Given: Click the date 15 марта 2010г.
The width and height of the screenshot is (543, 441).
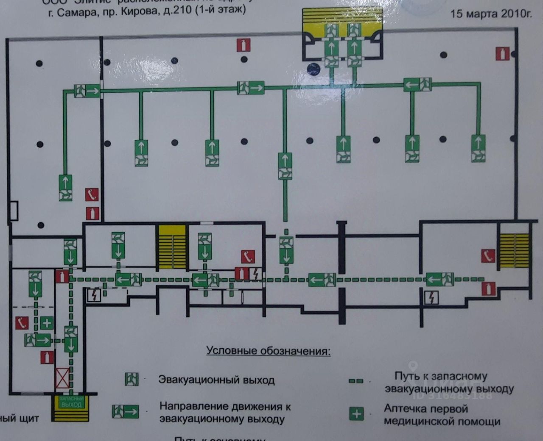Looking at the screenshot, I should click(x=490, y=14).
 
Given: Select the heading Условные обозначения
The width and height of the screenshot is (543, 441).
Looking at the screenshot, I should click(x=269, y=351).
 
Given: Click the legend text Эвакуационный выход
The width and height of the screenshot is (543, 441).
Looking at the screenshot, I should click(x=216, y=380).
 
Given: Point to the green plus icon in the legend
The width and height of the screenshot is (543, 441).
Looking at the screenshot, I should click(x=356, y=413).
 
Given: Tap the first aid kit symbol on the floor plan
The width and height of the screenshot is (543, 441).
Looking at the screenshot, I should click(x=47, y=323).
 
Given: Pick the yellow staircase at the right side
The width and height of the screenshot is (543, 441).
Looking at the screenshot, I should click(x=514, y=251).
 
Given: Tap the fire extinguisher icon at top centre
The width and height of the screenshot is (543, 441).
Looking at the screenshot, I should click(x=244, y=45).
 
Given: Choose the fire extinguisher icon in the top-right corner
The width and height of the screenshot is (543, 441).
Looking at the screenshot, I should click(x=502, y=54).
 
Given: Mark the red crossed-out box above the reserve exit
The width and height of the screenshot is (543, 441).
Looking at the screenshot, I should click(x=63, y=378).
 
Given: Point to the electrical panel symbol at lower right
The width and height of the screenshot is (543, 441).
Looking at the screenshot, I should click(x=431, y=298).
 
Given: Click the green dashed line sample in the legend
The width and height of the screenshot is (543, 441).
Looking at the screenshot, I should click(x=356, y=381).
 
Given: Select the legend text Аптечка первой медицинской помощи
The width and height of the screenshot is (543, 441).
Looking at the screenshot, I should click(x=442, y=415).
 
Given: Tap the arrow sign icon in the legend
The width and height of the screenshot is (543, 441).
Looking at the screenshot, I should click(x=126, y=411).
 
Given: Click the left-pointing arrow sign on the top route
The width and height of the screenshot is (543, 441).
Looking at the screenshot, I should click(x=417, y=84).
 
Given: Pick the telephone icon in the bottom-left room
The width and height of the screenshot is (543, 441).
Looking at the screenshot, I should click(x=22, y=323).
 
